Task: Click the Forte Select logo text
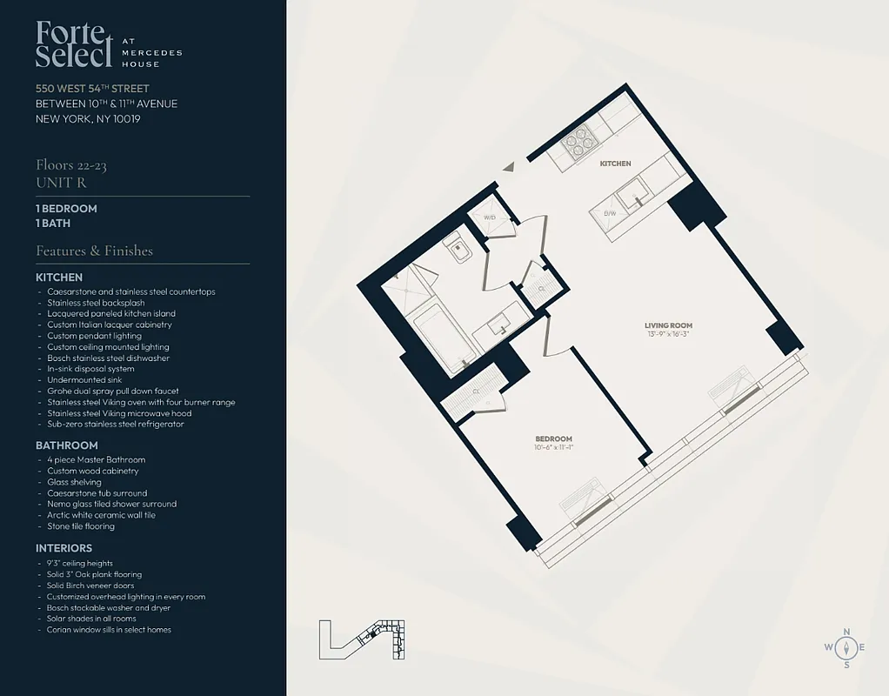coord(75,44)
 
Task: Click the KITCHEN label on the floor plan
coord(615,164)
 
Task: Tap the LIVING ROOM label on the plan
coord(670,326)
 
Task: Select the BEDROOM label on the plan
coord(553,438)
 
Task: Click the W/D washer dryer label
coord(490,217)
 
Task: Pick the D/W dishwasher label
coord(610,213)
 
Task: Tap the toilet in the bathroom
coord(456,247)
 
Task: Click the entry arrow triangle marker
coord(510,166)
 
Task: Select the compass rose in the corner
coord(845,647)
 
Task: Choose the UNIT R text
coord(61,183)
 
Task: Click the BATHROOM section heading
coord(67,445)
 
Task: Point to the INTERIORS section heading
coord(63,548)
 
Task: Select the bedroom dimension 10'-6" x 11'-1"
coord(553,447)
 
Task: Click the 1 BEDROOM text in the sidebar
coord(66,209)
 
